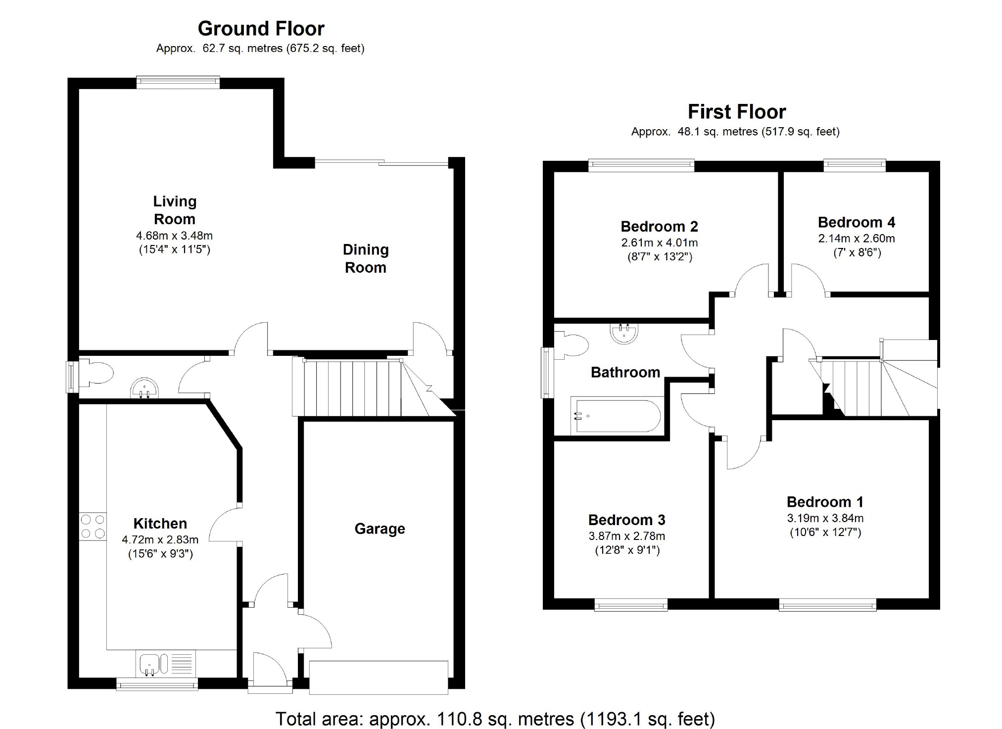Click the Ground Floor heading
(261, 29)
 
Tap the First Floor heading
(736, 112)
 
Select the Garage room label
(380, 529)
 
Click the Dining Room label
(366, 258)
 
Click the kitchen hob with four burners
(93, 526)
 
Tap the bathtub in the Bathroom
(616, 416)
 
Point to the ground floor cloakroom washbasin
(144, 389)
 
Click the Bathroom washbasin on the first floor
(624, 333)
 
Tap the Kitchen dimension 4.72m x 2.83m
(160, 539)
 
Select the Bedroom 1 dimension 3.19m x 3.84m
(825, 518)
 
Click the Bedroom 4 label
(856, 222)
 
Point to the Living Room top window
(178, 82)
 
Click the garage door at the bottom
(379, 677)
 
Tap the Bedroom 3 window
(630, 605)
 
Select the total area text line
(495, 719)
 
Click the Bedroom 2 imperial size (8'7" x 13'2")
(659, 256)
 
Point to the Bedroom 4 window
(854, 165)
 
